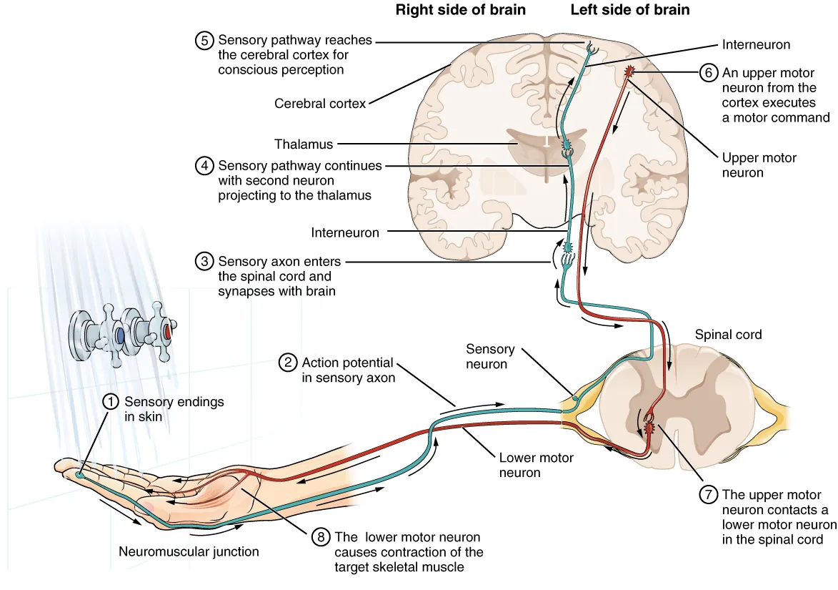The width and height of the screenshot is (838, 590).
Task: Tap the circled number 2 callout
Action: [x=287, y=363]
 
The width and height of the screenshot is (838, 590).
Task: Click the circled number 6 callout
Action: [x=707, y=73]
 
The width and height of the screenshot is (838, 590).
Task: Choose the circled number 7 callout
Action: [x=707, y=495]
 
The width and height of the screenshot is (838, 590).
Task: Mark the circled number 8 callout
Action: [x=320, y=537]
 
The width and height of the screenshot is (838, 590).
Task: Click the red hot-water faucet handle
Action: [x=167, y=333]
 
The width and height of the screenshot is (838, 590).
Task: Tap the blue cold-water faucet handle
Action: [x=120, y=335]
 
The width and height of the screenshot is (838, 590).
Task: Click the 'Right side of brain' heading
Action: [x=461, y=11]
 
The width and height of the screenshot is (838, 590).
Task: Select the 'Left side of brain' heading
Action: [x=630, y=11]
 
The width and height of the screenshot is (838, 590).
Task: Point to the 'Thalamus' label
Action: [x=303, y=144]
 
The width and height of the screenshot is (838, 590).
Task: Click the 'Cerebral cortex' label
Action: [x=320, y=104]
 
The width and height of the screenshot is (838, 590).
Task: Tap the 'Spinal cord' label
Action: [x=728, y=335]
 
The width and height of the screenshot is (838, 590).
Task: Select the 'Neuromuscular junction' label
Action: [x=189, y=551]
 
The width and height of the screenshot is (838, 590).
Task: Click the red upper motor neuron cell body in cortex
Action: [x=629, y=71]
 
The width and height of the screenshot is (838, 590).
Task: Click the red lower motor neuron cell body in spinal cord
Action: [x=649, y=428]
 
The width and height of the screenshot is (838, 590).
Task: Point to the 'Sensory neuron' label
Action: [x=490, y=356]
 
